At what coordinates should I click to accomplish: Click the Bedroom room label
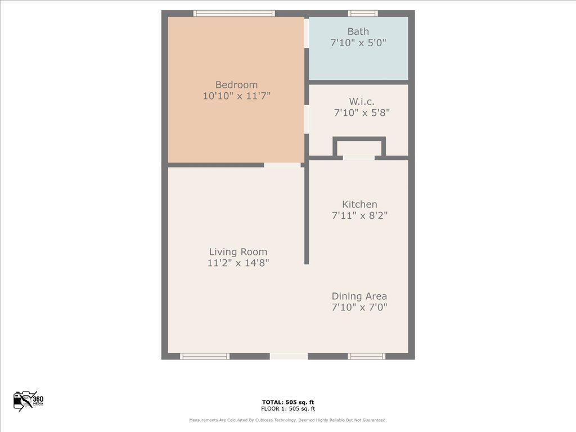tap(236, 85)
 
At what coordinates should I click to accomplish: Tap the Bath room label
tap(358, 31)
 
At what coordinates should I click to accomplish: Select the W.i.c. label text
tap(362, 101)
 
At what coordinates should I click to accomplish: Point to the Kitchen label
tap(359, 204)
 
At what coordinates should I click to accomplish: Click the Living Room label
tap(238, 252)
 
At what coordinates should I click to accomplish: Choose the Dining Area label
tap(359, 296)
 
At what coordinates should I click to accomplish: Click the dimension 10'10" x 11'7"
tap(236, 96)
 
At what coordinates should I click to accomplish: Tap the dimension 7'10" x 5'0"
tap(358, 43)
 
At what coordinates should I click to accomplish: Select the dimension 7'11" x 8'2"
tap(359, 215)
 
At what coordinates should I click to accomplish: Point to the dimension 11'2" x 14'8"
tap(238, 263)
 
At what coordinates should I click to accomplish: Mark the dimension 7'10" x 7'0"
tap(359, 307)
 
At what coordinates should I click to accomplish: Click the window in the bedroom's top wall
tap(234, 13)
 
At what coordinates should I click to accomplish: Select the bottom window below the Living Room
tap(205, 356)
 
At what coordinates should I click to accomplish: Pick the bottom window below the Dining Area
tap(366, 356)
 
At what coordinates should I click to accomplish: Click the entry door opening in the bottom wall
tap(289, 356)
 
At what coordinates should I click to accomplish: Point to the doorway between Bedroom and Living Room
tap(282, 165)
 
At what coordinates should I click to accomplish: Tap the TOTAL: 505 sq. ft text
tap(288, 402)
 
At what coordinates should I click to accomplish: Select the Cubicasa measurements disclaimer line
tap(288, 420)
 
